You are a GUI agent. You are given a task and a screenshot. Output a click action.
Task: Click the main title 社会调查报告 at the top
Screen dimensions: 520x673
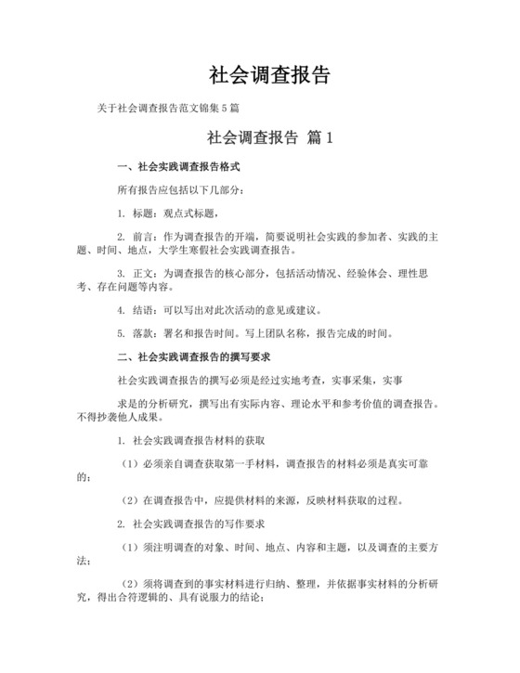268,75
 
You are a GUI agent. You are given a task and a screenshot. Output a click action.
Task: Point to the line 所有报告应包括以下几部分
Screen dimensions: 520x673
181,190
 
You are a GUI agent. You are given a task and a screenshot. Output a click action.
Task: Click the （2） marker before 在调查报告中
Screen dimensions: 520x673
129,499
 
